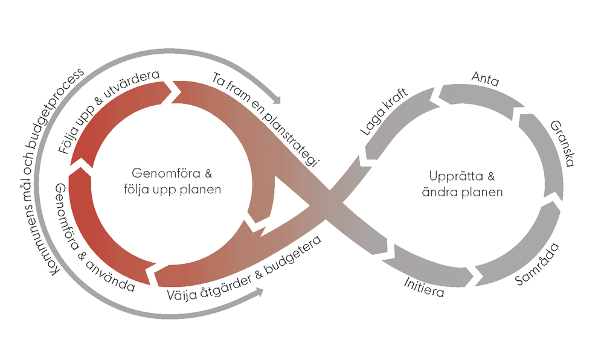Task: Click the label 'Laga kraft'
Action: pos(384,112)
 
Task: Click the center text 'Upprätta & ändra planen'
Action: pos(466,184)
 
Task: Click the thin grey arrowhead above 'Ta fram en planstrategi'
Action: pos(275,98)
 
